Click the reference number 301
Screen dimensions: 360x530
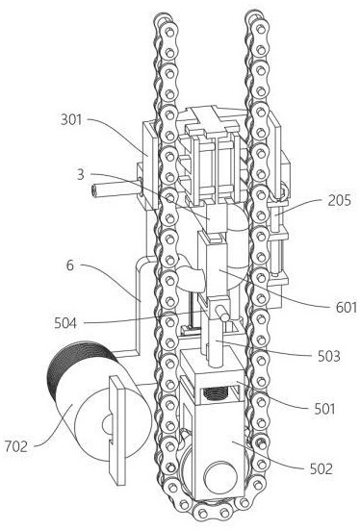pyautogui.click(x=71, y=119)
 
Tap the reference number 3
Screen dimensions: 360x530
pyautogui.click(x=80, y=175)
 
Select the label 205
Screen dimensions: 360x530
pyautogui.click(x=340, y=200)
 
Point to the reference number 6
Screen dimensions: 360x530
pyautogui.click(x=69, y=265)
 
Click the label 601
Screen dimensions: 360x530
pyautogui.click(x=347, y=307)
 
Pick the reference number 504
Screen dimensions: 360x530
pyautogui.click(x=65, y=323)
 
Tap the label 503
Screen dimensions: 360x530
pyautogui.click(x=329, y=356)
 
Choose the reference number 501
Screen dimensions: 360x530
pyautogui.click(x=324, y=409)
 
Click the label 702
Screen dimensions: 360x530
pyautogui.click(x=16, y=447)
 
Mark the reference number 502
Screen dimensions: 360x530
pyautogui.click(x=321, y=468)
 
